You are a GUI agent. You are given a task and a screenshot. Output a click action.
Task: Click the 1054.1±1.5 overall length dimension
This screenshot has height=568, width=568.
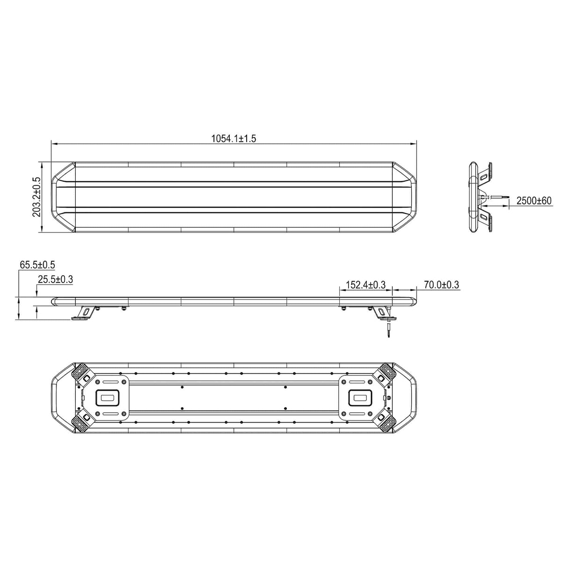[233, 138]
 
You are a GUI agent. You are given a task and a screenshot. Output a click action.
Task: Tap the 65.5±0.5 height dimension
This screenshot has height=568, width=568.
[37, 265]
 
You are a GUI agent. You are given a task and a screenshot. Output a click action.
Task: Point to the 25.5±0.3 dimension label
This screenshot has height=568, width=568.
[55, 280]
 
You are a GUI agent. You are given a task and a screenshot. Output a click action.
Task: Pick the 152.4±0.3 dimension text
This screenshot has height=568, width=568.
[365, 284]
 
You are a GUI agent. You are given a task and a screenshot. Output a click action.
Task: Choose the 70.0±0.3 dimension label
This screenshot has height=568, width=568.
[441, 284]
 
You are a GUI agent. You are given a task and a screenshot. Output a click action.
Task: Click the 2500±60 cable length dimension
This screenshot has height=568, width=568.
[534, 201]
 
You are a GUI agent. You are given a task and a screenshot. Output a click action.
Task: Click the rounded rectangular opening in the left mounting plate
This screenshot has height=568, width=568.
[107, 397]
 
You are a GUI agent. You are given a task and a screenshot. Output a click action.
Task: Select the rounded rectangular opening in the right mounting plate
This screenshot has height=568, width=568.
[360, 397]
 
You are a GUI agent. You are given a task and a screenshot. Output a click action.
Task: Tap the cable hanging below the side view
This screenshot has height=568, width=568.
[388, 330]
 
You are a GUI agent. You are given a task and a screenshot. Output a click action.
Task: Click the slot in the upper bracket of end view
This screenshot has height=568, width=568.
[483, 176]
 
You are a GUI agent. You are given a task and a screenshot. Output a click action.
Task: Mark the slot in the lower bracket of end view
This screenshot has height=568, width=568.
[483, 216]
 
